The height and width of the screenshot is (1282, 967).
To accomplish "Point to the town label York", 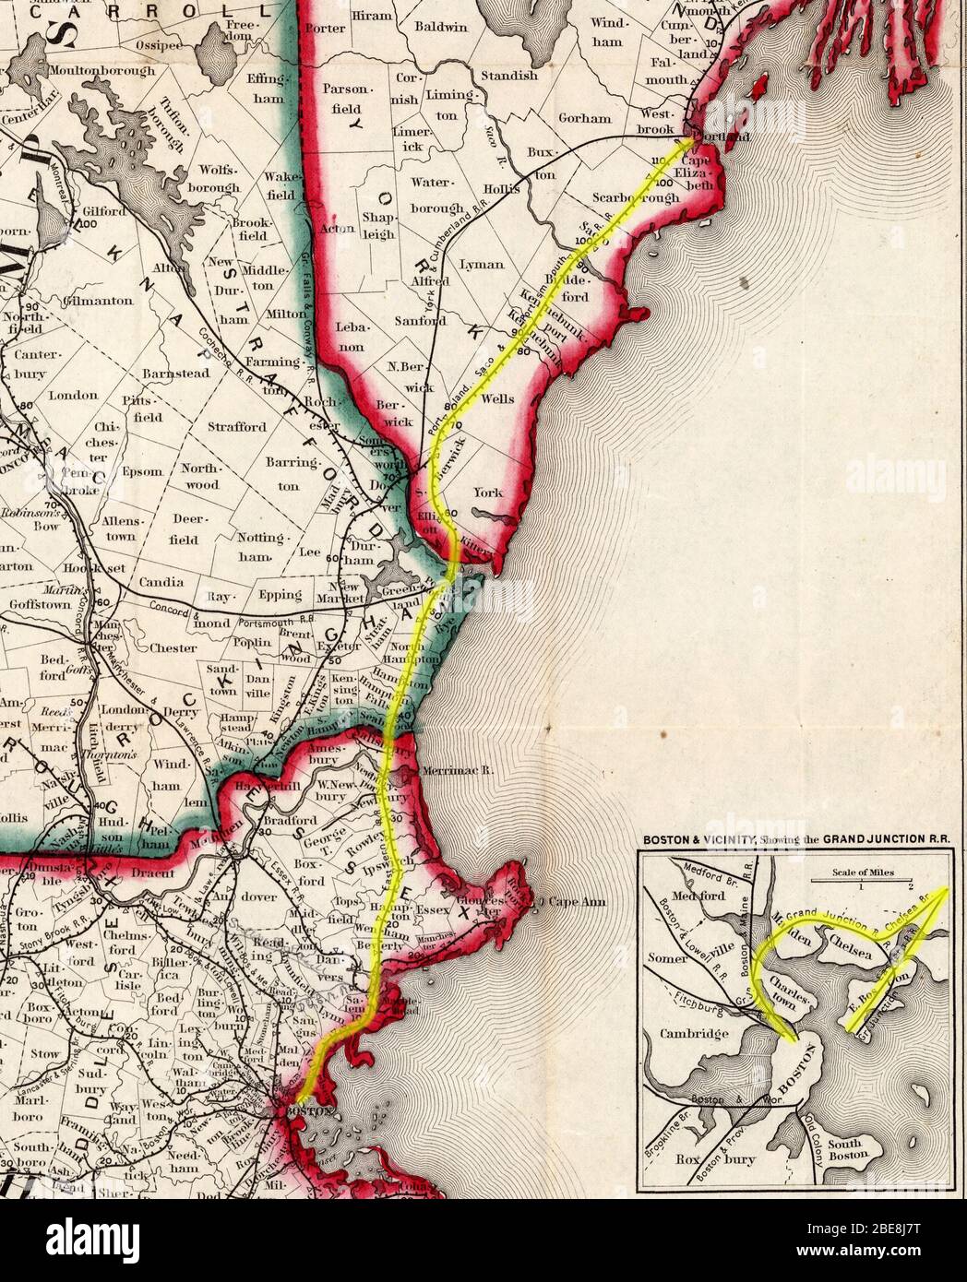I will pos(488,493).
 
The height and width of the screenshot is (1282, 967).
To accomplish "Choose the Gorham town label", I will pos(584,118).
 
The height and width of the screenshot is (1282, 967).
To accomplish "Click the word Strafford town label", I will pos(236,427).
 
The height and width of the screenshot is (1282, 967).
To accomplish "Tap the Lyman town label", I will pos(481,265).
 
